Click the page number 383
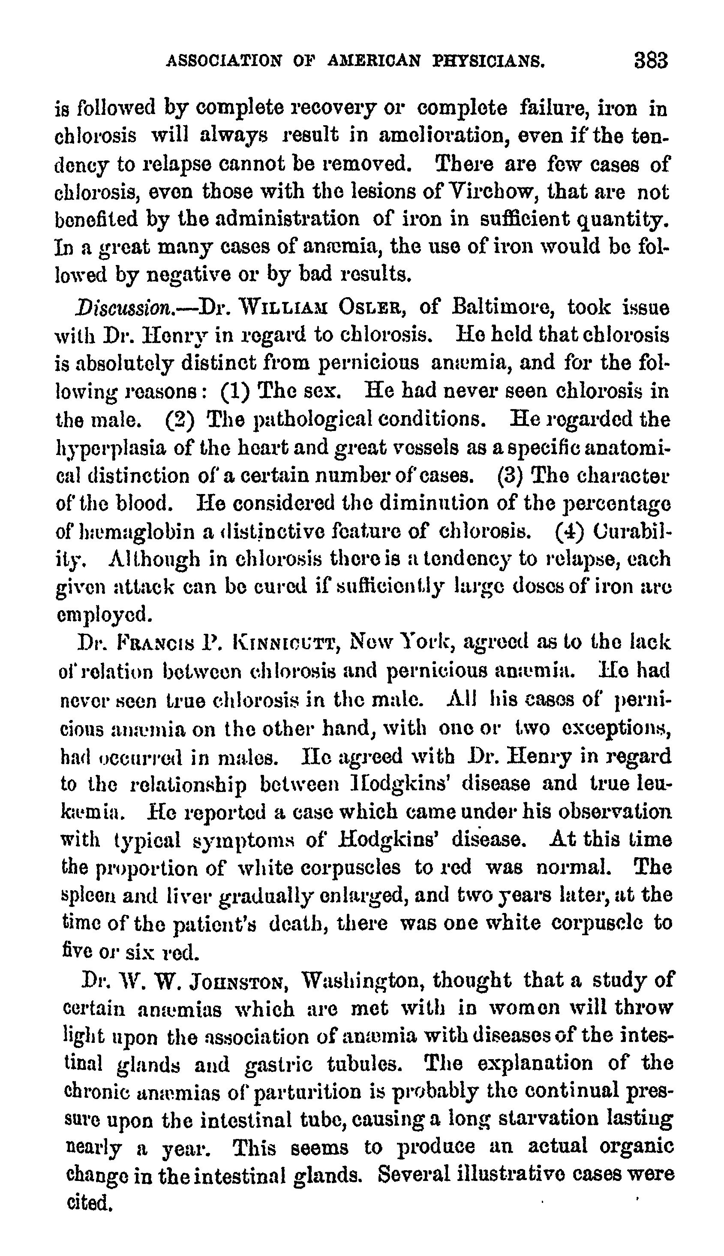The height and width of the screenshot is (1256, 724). pos(650,61)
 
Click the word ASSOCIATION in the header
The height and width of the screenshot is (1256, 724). pos(224,62)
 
